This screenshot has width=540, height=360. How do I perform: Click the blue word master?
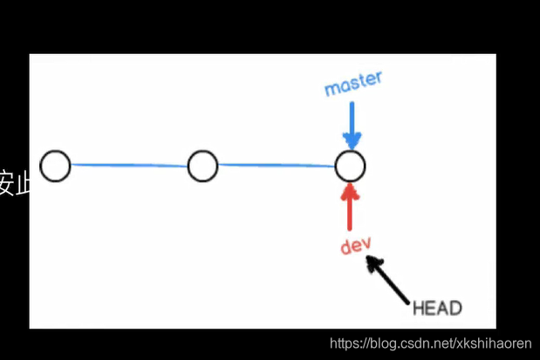pos(353,84)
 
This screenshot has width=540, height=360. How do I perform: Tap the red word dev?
pos(356,246)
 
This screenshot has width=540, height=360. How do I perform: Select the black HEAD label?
pos(436,308)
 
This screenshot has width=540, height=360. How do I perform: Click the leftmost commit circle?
pos(55,165)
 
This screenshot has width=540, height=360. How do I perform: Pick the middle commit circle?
pos(202,165)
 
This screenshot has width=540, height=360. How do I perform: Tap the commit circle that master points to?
pos(351,165)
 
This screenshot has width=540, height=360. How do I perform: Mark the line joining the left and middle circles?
pos(129,165)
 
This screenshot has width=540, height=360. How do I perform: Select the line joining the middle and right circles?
pos(277,165)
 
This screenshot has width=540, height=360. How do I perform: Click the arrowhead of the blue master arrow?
pos(352,139)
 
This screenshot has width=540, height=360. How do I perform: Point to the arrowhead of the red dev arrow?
pos(351,188)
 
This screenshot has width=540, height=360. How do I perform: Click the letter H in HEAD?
pos(418,308)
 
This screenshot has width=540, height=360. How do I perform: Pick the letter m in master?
pos(331,89)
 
